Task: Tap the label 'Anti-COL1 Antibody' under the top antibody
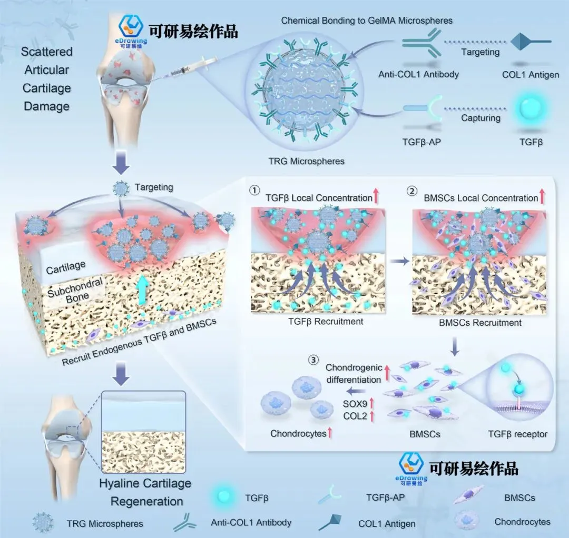[x=419, y=74]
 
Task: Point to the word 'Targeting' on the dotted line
[x=480, y=52]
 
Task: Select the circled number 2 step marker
[x=411, y=191]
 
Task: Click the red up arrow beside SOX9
[x=371, y=403]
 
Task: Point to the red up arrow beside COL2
[x=371, y=416]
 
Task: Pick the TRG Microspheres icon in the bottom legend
[x=43, y=522]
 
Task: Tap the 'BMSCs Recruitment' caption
[x=480, y=322]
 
